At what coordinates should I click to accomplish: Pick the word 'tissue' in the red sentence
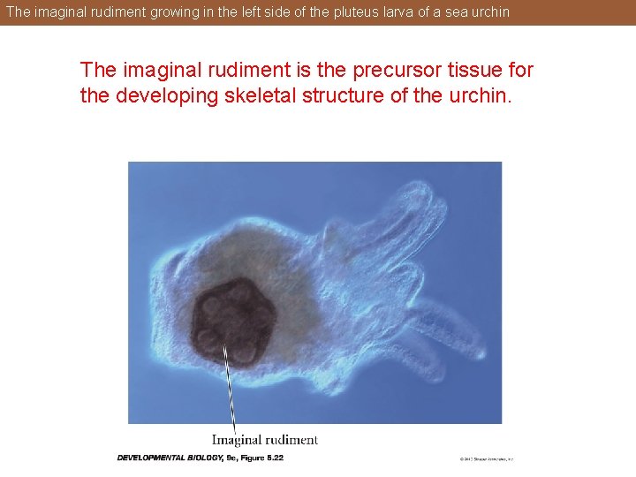pos(462,70)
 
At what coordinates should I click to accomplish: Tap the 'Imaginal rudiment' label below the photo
pos(265,440)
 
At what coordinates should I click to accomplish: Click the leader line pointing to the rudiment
pos(231,389)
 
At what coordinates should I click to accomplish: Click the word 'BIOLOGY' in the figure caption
pos(208,458)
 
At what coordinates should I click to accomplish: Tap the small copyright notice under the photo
pos(486,459)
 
